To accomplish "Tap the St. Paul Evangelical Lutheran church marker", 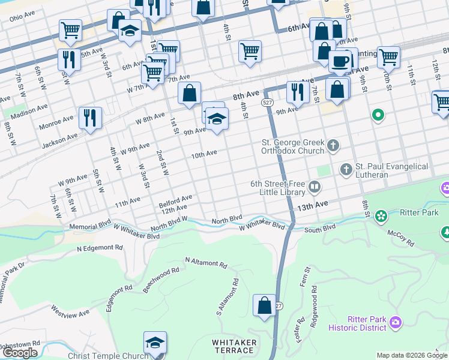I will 346,170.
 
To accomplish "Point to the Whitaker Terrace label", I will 235,346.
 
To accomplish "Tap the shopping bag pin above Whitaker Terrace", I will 264,306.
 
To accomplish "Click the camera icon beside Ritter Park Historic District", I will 396,323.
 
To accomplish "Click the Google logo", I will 20,352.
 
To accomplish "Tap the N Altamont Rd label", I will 206,263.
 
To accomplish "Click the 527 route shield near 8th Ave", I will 268,103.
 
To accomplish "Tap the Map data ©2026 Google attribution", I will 411,355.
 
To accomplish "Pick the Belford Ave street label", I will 175,197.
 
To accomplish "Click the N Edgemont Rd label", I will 100,247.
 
